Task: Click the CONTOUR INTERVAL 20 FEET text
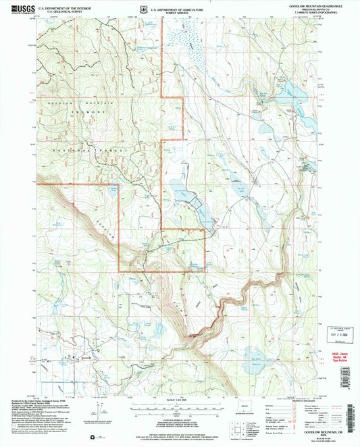click(x=180, y=421)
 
